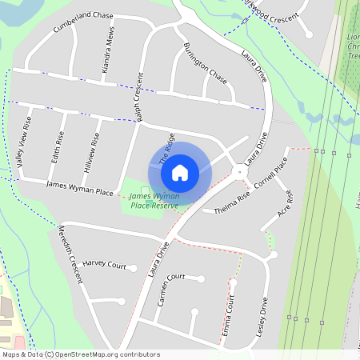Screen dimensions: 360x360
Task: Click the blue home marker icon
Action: pos(180,172)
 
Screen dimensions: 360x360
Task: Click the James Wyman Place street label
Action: pos(80,188)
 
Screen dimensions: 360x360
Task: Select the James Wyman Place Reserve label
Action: pos(154,201)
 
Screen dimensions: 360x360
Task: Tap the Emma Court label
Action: pos(228,314)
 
